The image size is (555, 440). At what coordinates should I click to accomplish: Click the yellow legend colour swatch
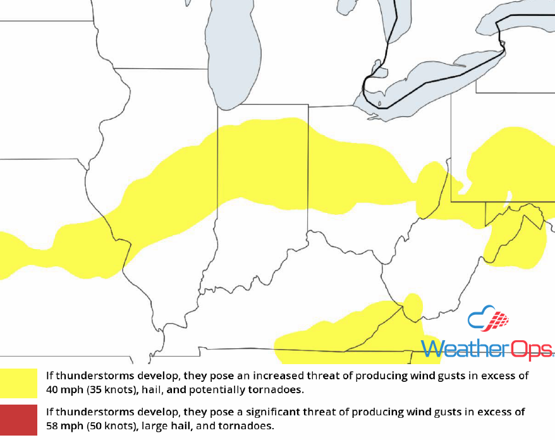(x=18, y=382)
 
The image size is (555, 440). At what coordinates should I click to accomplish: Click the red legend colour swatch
(x=18, y=419)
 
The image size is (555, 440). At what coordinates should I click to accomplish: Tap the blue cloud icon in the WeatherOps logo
(x=479, y=319)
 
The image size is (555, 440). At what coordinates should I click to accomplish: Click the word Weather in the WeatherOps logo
(x=459, y=348)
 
